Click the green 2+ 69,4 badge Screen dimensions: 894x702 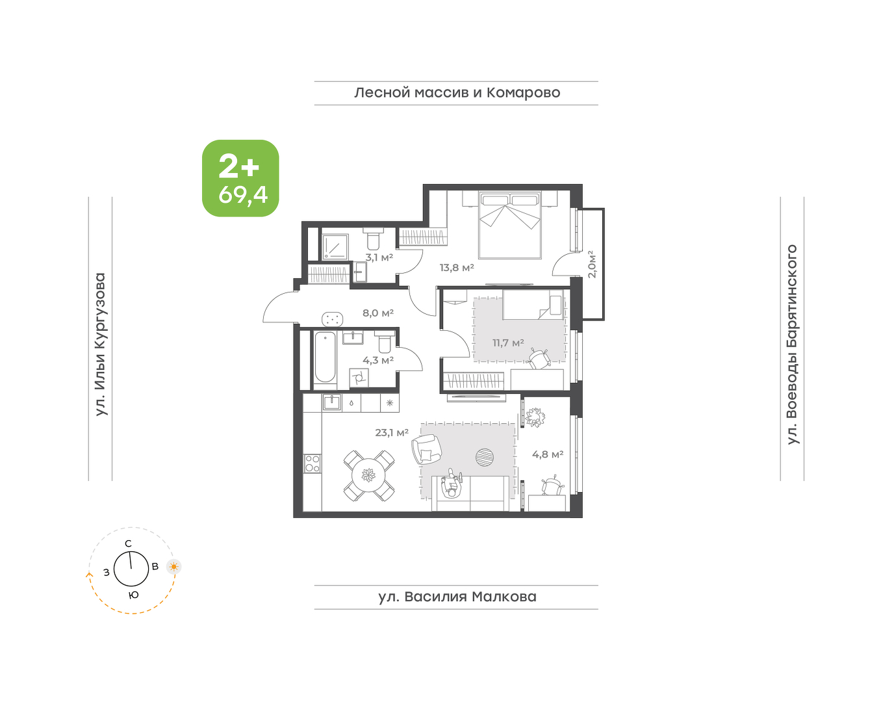pos(240,178)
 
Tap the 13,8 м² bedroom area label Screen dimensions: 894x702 pos(457,268)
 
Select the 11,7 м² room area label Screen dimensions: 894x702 pos(508,343)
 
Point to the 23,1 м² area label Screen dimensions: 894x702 pos(392,432)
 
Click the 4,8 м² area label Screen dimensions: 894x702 pos(548,454)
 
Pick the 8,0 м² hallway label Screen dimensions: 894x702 pos(378,313)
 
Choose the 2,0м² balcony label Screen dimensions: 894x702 pos(592,264)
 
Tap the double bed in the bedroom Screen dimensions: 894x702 pos(509,225)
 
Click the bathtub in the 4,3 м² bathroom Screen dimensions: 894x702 pos(325,357)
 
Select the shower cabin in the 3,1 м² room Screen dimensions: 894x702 pos(335,247)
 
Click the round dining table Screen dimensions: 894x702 pos(369,476)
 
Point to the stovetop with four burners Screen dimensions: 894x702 pos(313,463)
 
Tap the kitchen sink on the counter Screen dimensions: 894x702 pos(331,402)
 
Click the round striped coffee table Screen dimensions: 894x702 pos(485,457)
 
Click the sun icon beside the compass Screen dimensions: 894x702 pos(174,567)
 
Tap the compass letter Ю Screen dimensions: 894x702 pos(133,595)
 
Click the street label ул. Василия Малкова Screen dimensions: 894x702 pos(457,597)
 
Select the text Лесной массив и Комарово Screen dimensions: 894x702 pos(457,92)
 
